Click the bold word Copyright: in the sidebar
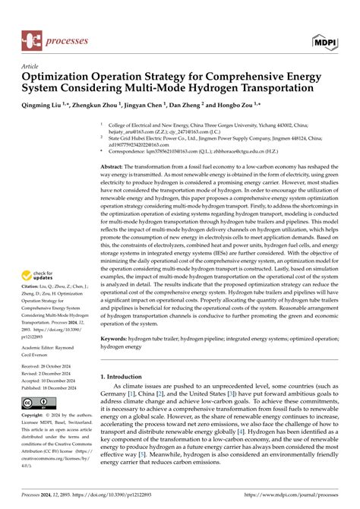[x=36, y=416]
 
